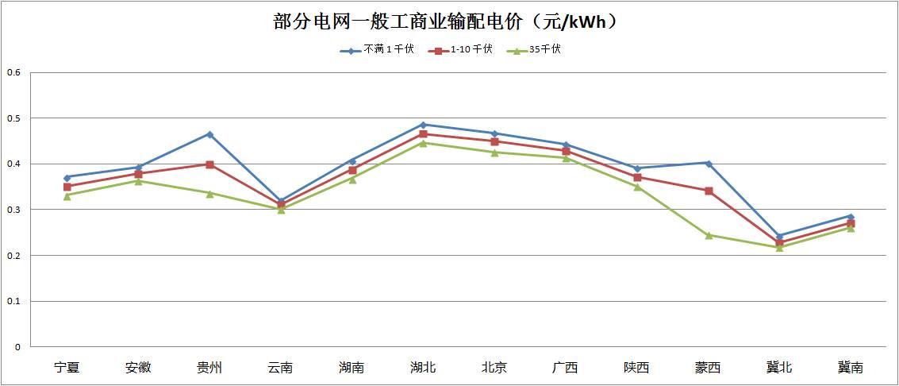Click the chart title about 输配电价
[445, 21]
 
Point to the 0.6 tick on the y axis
[13, 73]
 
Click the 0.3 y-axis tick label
[13, 210]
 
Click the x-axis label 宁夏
[67, 368]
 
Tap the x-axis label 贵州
[209, 368]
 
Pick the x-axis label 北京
[494, 368]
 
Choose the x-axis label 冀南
[851, 368]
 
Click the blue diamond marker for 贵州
[209, 134]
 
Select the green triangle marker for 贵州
[209, 193]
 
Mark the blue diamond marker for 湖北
[423, 125]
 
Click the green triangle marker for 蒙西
[708, 235]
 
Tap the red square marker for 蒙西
[708, 191]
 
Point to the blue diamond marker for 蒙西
[708, 163]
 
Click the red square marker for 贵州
[209, 164]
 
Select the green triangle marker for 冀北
[779, 248]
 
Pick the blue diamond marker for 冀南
[851, 216]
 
